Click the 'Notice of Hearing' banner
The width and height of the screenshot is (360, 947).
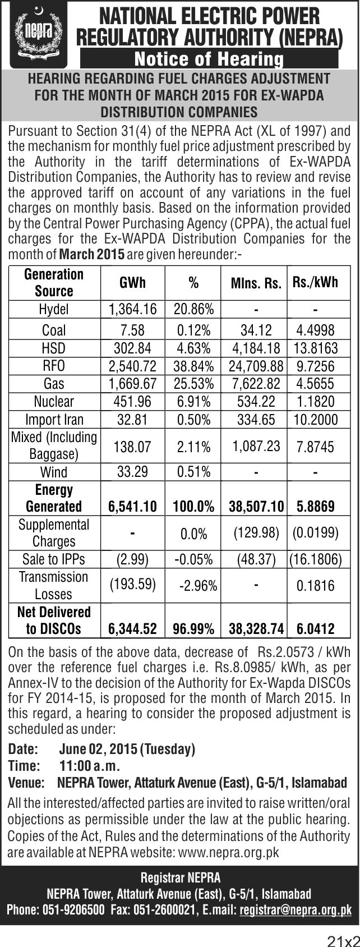(x=209, y=59)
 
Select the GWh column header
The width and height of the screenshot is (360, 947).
(x=133, y=282)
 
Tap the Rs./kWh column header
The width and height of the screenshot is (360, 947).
(x=315, y=282)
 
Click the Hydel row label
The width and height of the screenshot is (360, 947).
(x=54, y=309)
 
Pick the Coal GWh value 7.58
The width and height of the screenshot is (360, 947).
(x=133, y=330)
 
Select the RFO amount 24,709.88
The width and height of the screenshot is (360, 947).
(x=256, y=366)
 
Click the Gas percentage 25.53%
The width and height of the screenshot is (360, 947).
(x=193, y=383)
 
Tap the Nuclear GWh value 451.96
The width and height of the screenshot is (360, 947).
(x=133, y=401)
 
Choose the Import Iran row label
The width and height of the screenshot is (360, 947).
(x=54, y=420)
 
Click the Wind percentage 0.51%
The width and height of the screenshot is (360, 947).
(x=193, y=471)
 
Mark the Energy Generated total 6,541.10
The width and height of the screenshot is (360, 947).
(x=133, y=506)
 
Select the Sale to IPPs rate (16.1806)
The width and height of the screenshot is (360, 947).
(x=316, y=559)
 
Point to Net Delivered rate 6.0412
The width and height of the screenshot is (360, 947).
(x=316, y=629)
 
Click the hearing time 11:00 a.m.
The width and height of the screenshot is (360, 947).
(x=90, y=766)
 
